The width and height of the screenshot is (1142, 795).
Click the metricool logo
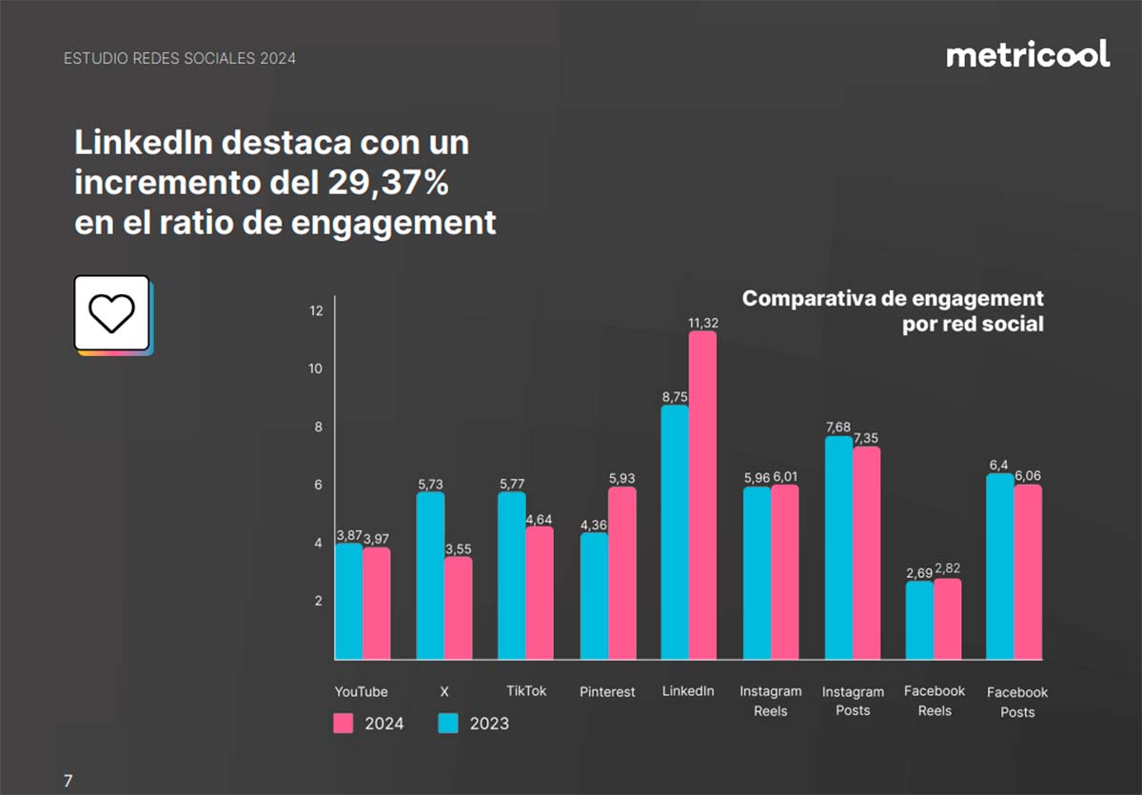click(x=1028, y=54)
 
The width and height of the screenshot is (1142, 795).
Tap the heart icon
click(x=111, y=312)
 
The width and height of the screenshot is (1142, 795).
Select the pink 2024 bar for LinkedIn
click(x=702, y=495)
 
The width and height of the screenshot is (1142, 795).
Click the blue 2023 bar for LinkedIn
click(x=675, y=532)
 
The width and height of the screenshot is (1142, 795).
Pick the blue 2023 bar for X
click(x=430, y=575)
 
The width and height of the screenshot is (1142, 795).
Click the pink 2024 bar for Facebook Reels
click(x=947, y=619)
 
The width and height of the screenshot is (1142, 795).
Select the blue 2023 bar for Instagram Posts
click(x=838, y=547)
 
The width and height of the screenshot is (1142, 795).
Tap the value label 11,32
click(x=703, y=324)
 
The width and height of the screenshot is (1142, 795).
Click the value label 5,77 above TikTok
click(x=511, y=485)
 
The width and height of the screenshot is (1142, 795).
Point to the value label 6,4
click(x=1000, y=465)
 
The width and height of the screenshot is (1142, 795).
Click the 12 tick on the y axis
click(x=316, y=310)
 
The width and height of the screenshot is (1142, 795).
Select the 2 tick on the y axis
click(x=319, y=601)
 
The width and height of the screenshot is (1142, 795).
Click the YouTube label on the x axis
click(x=361, y=691)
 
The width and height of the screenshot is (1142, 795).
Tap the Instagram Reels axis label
click(x=770, y=701)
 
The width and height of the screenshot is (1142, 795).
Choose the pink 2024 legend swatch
click(x=344, y=723)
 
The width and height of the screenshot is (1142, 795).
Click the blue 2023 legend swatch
click(x=448, y=723)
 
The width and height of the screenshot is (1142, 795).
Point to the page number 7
click(x=68, y=781)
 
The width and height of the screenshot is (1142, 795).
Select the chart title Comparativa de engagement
click(x=893, y=298)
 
